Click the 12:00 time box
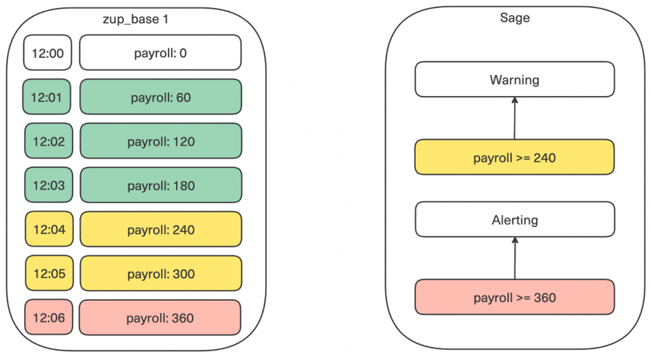[x=47, y=52]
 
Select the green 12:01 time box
[x=46, y=97]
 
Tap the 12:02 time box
[x=48, y=141]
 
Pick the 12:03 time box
[x=48, y=185]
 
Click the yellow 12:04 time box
[x=49, y=229]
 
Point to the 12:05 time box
[x=49, y=273]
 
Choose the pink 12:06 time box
[x=48, y=317]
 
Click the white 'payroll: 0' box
[x=160, y=52]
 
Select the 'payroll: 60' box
[x=161, y=97]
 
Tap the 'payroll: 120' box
[x=161, y=141]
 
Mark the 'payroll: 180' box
[x=161, y=185]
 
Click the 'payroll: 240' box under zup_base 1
[x=161, y=229]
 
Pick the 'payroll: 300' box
[x=161, y=273]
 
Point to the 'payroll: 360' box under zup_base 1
[x=160, y=317]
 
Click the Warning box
[x=515, y=80]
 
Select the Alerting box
[x=515, y=219]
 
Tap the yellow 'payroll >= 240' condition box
[x=514, y=157]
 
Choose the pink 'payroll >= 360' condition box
[x=514, y=297]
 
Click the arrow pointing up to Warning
[x=515, y=118]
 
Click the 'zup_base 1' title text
[x=135, y=19]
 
